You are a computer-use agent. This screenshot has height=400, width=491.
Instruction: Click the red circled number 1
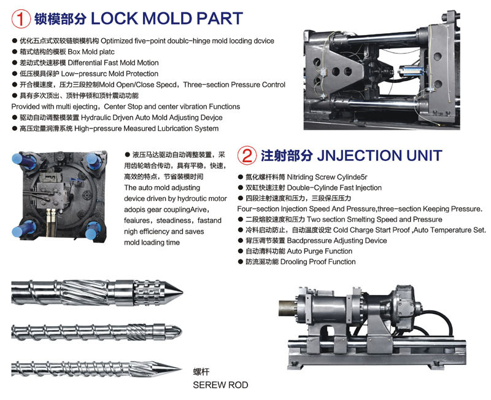tap(21, 18)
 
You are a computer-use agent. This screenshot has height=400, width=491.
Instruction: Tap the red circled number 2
tap(247, 155)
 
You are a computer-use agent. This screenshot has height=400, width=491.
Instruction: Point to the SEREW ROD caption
tap(220, 385)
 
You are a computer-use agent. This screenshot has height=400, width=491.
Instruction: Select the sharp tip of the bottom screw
tap(180, 369)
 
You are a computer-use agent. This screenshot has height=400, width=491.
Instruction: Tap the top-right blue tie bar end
tap(94, 161)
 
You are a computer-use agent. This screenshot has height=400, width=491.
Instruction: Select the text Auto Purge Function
tap(319, 251)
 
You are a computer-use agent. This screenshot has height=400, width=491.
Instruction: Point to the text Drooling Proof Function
tap(318, 262)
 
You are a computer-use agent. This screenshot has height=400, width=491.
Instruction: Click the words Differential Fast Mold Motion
tap(113, 63)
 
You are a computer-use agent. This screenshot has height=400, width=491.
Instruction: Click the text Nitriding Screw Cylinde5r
tap(327, 177)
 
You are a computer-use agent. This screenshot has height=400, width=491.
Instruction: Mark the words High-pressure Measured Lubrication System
tap(146, 128)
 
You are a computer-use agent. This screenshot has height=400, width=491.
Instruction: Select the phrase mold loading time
tap(152, 242)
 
